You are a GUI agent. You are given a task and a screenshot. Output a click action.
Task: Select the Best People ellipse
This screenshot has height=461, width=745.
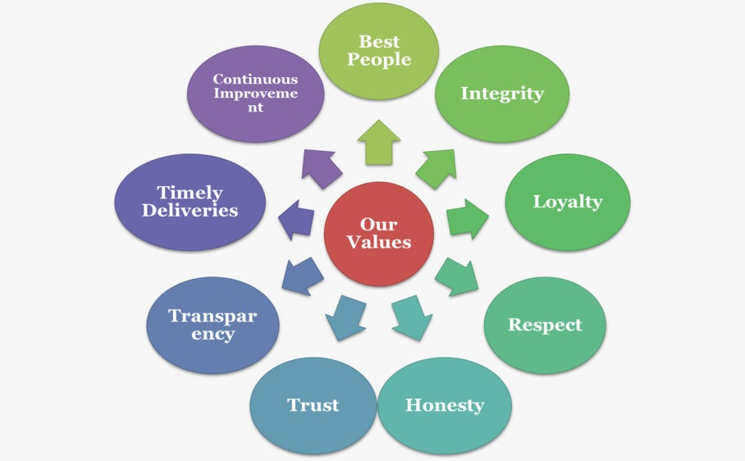(x=378, y=51)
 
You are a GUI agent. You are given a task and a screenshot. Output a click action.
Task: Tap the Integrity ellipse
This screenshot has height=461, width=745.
(x=501, y=94)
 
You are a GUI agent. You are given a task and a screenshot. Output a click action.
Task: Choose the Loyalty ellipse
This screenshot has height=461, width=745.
(x=567, y=202)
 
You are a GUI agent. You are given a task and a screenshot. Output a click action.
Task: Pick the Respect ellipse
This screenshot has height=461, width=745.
(x=545, y=325)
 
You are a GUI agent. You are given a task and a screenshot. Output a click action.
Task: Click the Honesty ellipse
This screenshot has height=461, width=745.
(x=444, y=405)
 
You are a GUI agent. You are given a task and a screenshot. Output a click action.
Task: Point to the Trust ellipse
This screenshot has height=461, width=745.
(x=313, y=405)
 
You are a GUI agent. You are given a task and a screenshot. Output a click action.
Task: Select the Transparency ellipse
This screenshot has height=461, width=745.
(x=213, y=326)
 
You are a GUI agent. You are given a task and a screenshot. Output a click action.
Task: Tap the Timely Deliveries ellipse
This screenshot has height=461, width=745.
(x=190, y=202)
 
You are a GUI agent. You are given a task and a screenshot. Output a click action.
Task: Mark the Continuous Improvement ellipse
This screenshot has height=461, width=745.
(x=255, y=94)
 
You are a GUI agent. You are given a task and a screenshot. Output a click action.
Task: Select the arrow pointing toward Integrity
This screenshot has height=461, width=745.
(x=436, y=167)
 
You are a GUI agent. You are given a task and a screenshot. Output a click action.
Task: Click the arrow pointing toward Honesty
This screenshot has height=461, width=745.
(x=411, y=317)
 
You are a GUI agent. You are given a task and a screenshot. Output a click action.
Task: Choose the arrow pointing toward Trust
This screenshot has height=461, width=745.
(x=345, y=317)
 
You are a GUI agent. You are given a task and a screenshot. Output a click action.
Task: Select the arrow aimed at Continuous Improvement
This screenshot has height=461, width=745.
(x=321, y=167)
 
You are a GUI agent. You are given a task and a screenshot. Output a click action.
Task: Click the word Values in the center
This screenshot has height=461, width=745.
(x=378, y=242)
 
